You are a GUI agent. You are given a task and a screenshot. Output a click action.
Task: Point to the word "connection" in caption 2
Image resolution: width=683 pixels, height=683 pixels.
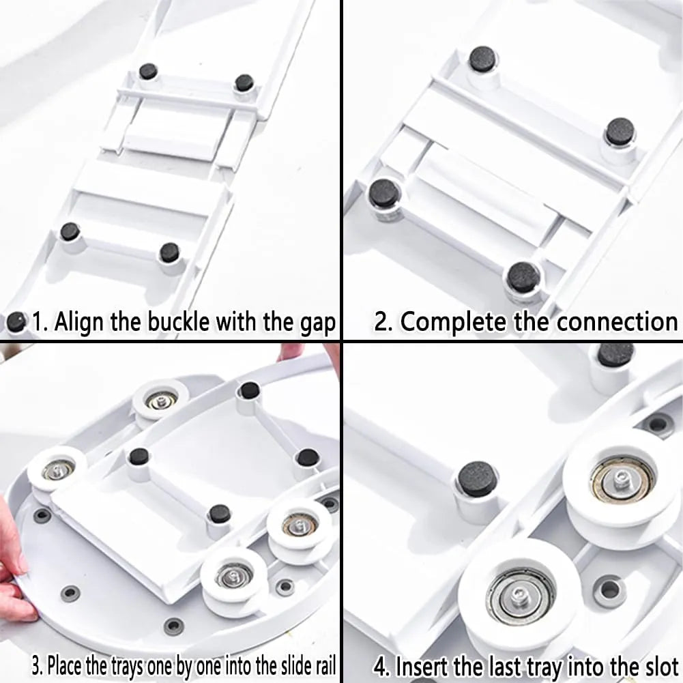(617, 322)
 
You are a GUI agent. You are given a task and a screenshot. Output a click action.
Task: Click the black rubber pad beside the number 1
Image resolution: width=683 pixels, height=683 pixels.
(16, 322)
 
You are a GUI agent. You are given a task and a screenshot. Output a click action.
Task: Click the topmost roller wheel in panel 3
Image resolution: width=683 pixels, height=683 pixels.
(160, 400)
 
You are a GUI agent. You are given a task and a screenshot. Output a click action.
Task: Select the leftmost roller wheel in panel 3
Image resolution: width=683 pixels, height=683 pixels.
(57, 469)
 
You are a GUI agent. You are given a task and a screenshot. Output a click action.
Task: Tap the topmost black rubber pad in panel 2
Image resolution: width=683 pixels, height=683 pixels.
(483, 59)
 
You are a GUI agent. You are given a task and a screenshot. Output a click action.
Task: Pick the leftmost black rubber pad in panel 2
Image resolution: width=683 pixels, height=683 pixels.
(383, 193)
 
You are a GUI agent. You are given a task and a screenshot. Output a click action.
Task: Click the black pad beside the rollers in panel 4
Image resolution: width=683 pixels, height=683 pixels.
(477, 478)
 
